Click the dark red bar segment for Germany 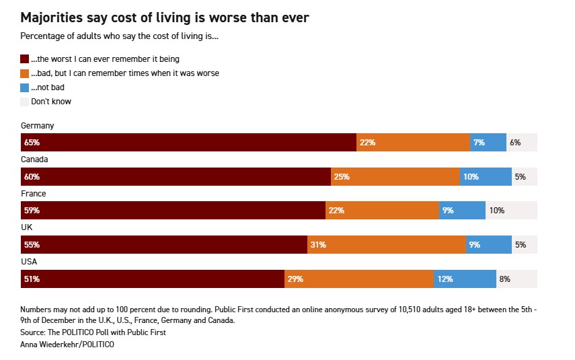[x=188, y=143]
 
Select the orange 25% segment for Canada [x=395, y=177]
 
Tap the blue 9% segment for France [x=462, y=211]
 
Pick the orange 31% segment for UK [x=387, y=245]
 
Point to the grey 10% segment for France [x=511, y=211]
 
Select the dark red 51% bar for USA [x=153, y=279]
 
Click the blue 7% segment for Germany [x=488, y=143]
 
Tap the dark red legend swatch [x=25, y=59]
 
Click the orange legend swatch [x=25, y=73]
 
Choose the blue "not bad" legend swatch [x=25, y=87]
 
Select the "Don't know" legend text [x=51, y=102]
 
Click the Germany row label [x=38, y=126]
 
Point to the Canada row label [x=35, y=159]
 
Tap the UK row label [x=27, y=227]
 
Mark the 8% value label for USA [x=504, y=279]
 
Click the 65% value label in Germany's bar [x=32, y=143]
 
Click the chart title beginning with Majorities [x=165, y=18]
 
